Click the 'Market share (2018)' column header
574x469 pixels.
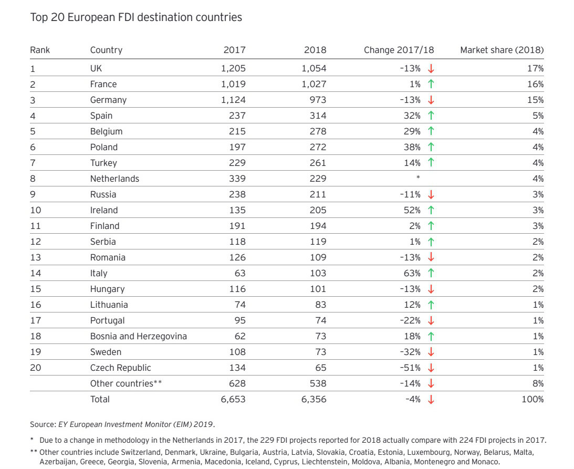pos(502,50)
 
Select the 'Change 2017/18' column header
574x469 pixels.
pos(399,50)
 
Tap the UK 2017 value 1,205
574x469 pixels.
pos(233,68)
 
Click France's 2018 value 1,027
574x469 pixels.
pos(314,84)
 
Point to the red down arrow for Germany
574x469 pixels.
pos(431,100)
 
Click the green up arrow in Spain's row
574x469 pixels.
pos(431,116)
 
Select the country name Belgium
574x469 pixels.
pos(106,131)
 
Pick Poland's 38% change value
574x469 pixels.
pos(412,147)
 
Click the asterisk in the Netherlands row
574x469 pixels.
pos(418,178)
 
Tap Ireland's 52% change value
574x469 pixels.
pos(412,210)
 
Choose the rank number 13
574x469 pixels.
pos(36,257)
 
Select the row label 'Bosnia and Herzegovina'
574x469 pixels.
pos(138,336)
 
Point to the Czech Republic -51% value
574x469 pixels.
pos(410,368)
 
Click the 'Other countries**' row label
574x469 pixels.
pos(126,383)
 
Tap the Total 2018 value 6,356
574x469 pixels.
pos(314,399)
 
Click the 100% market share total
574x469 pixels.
pos(533,399)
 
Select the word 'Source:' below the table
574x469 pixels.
pos(43,424)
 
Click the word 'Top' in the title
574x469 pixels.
pos(39,17)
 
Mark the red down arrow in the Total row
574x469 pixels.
pos(431,400)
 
